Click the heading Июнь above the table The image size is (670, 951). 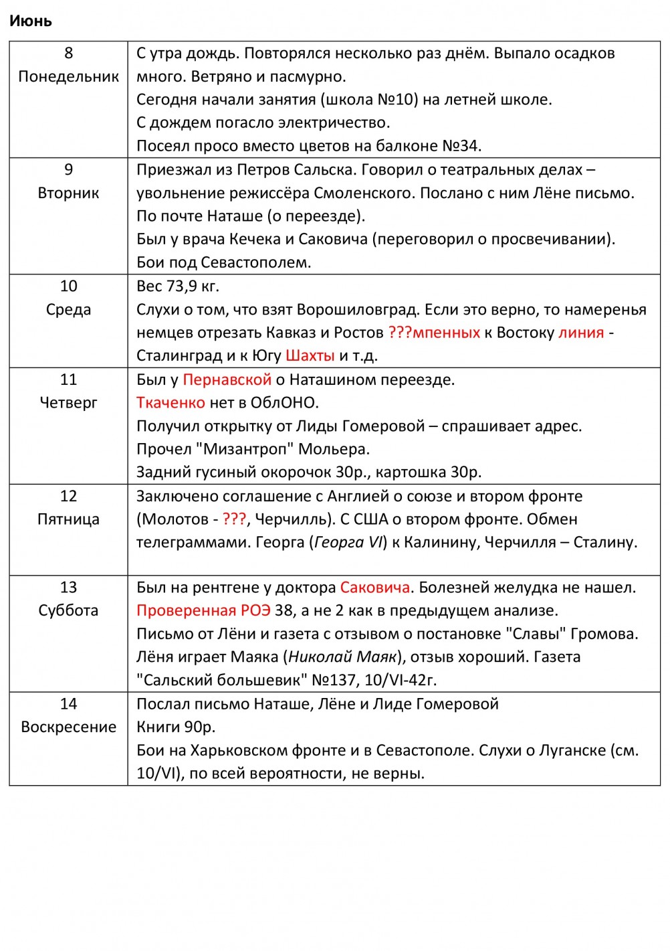click(x=31, y=21)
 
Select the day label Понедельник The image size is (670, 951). click(x=68, y=76)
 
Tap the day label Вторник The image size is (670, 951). click(x=68, y=193)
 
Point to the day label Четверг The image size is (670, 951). click(x=68, y=402)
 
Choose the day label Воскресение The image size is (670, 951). click(x=68, y=727)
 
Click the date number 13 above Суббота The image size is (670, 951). click(x=68, y=587)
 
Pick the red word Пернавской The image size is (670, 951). click(x=227, y=379)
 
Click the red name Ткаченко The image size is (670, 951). click(x=171, y=402)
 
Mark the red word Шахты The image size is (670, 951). click(x=310, y=355)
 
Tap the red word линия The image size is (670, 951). click(x=580, y=333)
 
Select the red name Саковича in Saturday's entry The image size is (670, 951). click(x=374, y=587)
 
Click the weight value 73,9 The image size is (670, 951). click(x=181, y=286)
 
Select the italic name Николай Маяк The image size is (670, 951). click(x=342, y=657)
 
